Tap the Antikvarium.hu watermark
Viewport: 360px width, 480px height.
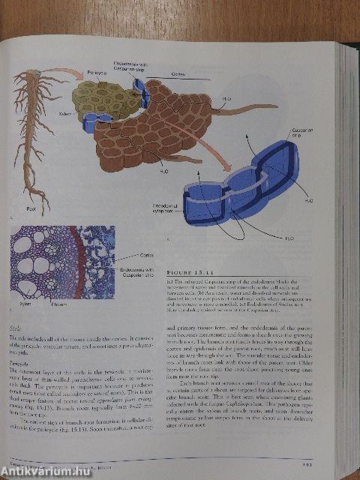41,469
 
